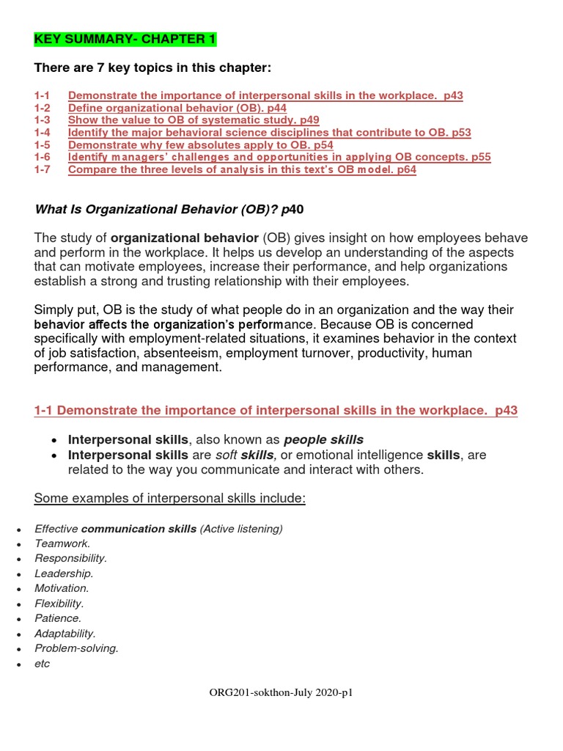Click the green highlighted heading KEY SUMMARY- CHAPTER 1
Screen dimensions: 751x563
[x=125, y=39]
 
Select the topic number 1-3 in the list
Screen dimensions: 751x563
[x=43, y=120]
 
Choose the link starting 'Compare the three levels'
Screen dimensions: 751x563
[x=242, y=170]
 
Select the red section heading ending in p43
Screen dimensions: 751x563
[x=276, y=411]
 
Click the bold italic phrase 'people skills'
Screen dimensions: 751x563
[x=323, y=440]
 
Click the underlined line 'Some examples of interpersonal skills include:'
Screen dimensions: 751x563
[x=169, y=499]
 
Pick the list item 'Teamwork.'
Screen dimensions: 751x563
[x=62, y=543]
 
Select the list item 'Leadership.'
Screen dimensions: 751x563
[x=64, y=574]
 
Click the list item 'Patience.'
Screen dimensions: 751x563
[x=58, y=618]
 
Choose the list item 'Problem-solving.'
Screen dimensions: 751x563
[x=76, y=648]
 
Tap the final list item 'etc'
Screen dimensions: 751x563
[x=42, y=664]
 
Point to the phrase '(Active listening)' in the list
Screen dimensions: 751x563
[x=241, y=529]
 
